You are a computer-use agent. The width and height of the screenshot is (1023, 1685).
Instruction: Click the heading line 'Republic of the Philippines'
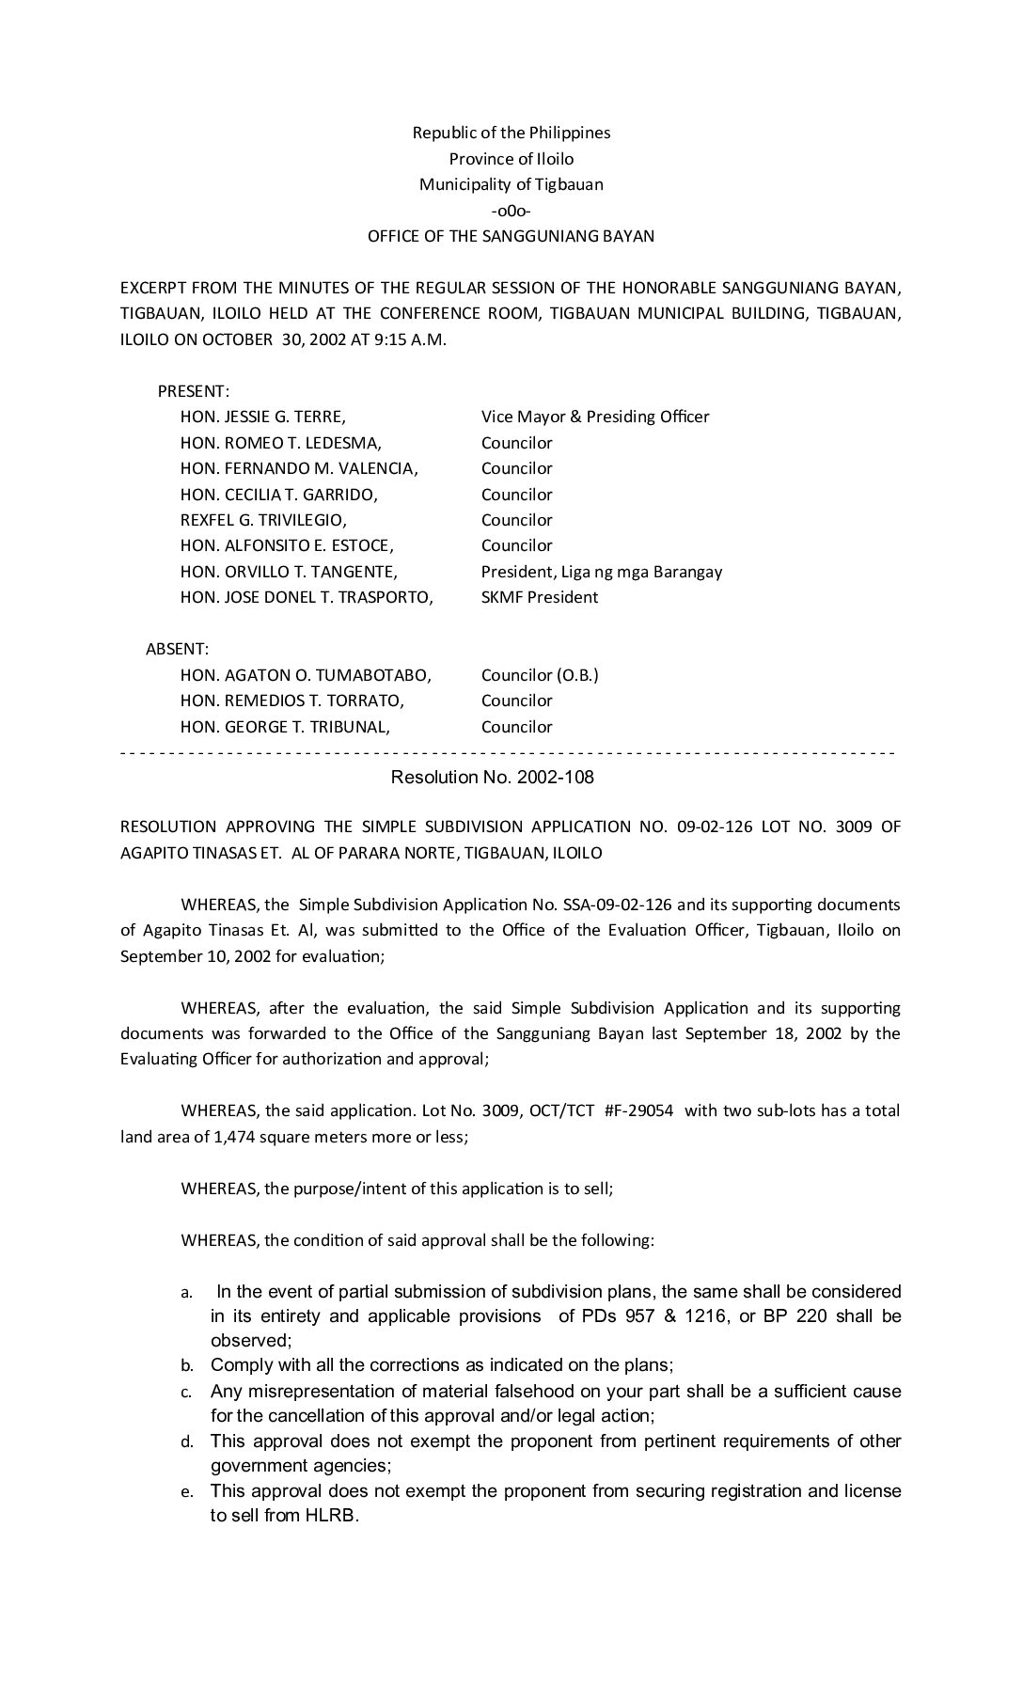pyautogui.click(x=511, y=133)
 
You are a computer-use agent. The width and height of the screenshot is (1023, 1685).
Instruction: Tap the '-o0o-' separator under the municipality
pyautogui.click(x=511, y=211)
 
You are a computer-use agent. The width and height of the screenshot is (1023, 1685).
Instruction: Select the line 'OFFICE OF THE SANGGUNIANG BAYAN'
pyautogui.click(x=511, y=237)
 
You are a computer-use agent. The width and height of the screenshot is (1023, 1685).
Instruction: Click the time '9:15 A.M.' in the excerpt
pyautogui.click(x=410, y=340)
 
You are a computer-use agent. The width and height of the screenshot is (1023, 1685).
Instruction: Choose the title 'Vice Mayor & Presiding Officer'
pyautogui.click(x=595, y=417)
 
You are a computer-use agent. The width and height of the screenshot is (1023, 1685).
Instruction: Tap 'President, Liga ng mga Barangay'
pyautogui.click(x=602, y=572)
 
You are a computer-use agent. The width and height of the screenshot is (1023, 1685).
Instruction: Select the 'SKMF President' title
pyautogui.click(x=540, y=597)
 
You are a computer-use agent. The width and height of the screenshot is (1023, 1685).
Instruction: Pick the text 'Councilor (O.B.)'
pyautogui.click(x=540, y=675)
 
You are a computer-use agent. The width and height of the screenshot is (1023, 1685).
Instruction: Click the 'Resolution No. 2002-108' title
pyautogui.click(x=492, y=778)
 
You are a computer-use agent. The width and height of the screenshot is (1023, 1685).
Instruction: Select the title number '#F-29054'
pyautogui.click(x=639, y=1110)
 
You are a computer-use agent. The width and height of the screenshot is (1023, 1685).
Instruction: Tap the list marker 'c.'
pyautogui.click(x=186, y=1393)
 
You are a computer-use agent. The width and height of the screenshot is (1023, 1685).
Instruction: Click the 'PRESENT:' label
pyautogui.click(x=194, y=391)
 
